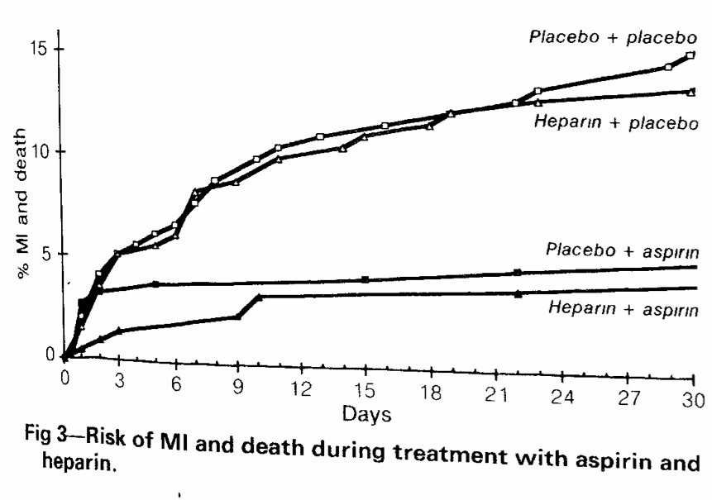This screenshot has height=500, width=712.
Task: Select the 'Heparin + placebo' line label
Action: [x=617, y=121]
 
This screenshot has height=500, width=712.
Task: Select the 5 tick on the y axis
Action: [x=48, y=255]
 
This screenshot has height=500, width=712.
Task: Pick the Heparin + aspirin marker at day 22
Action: [x=518, y=293]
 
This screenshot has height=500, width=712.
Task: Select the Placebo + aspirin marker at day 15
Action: [x=365, y=279]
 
